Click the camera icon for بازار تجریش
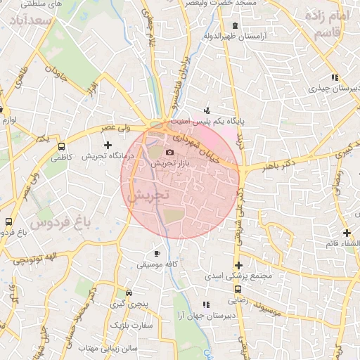(x=169, y=153)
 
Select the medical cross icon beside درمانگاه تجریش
(x=107, y=145)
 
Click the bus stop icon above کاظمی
(x=62, y=148)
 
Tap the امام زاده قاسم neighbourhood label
(x=327, y=23)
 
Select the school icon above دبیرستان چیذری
(x=335, y=78)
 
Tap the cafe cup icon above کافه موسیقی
(x=157, y=253)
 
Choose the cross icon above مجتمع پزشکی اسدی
(x=239, y=265)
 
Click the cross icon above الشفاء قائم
(x=346, y=233)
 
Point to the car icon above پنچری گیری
(x=128, y=292)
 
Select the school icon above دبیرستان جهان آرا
(x=205, y=304)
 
